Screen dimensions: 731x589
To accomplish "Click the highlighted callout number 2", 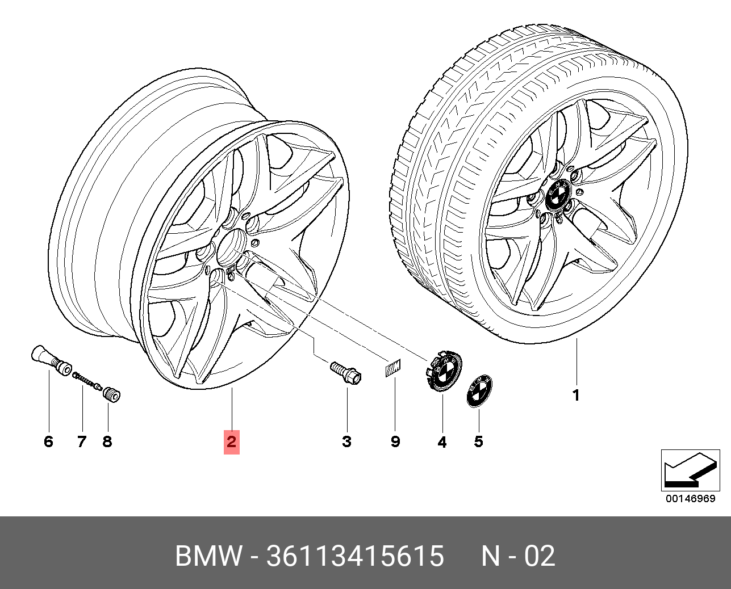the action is pos(231,442).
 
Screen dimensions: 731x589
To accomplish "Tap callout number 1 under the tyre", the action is pos(576,395).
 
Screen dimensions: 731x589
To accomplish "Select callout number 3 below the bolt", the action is pos(346,441).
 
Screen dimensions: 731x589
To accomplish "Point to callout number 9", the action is pos(395,441).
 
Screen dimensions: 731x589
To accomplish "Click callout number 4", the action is pos(442,442).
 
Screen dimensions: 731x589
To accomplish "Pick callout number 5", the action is pos(478,441).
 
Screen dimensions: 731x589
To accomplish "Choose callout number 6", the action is pos(49,441).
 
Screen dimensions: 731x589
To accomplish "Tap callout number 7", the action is pos(82,441).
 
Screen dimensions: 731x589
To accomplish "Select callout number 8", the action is pos(107,441).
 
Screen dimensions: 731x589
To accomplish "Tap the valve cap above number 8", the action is pos(112,394).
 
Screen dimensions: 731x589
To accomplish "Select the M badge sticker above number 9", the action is pos(393,368).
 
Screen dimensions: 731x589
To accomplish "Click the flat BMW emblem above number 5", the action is pos(479,392).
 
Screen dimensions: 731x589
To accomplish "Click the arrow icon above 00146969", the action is pos(691,470).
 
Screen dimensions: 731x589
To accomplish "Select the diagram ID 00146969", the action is pos(691,499).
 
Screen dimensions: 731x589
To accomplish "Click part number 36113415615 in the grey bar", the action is pos(355,556).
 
